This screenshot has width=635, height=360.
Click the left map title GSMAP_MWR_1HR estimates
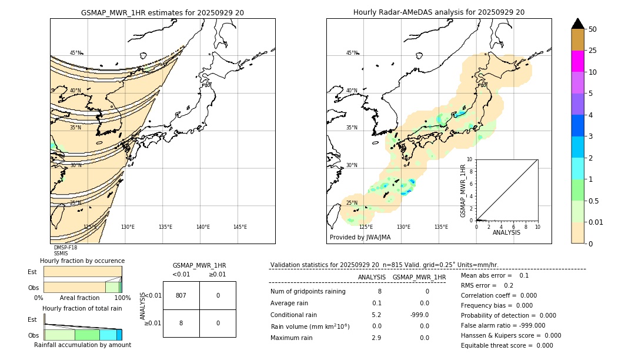[162, 12]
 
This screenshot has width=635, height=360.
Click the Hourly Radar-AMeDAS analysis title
[439, 12]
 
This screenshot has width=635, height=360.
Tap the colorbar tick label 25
[593, 51]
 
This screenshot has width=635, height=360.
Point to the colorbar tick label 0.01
[596, 222]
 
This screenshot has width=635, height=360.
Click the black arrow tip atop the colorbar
[578, 23]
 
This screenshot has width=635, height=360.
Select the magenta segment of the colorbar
[578, 61]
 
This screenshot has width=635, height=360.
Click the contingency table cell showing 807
[181, 295]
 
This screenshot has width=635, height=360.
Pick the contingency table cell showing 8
[181, 323]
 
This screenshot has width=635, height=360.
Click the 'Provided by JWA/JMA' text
[360, 238]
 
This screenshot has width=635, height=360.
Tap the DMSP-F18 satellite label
[65, 248]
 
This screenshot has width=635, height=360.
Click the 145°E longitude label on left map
[240, 227]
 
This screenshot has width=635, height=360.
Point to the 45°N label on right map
[352, 53]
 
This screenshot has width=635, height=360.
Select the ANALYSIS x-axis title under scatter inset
[506, 233]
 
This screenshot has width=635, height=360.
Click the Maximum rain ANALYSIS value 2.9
[376, 338]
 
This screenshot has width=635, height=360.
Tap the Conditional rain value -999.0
[420, 314]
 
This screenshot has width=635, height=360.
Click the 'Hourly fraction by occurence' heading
[82, 261]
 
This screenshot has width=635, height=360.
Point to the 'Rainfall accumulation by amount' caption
[82, 345]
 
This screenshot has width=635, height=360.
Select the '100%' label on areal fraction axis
[122, 298]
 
